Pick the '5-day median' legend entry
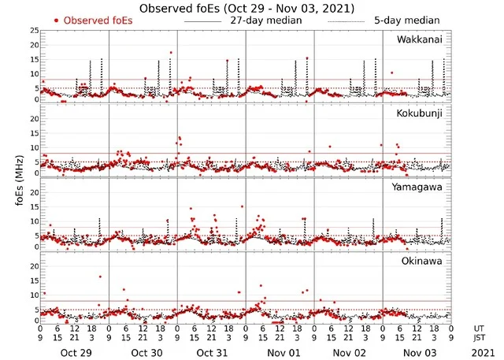[x=407, y=20]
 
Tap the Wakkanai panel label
[x=419, y=39]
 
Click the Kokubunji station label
[x=419, y=113]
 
